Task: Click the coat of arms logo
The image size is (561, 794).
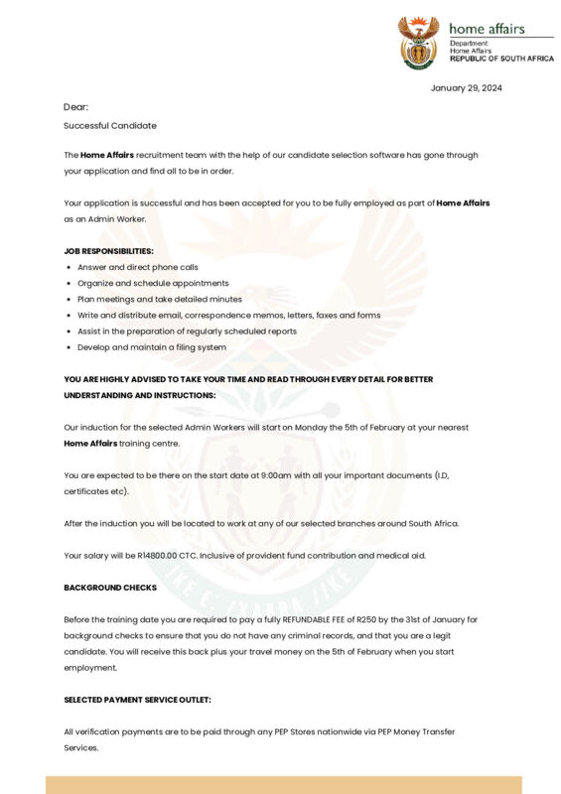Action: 418,42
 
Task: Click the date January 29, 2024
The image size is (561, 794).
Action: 466,88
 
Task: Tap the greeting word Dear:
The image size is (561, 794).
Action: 76,107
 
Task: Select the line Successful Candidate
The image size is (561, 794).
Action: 110,126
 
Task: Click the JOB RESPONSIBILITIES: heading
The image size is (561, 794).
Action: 108,251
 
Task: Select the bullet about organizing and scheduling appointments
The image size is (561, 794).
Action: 153,283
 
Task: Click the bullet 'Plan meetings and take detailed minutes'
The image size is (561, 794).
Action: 160,299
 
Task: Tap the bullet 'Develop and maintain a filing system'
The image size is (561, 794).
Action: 152,347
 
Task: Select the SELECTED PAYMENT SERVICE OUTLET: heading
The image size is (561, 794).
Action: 137,700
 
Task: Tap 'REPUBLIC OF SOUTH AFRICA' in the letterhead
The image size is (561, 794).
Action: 501,59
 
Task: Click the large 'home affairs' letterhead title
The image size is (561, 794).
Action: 487,29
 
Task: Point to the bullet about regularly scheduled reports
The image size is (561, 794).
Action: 187,331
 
